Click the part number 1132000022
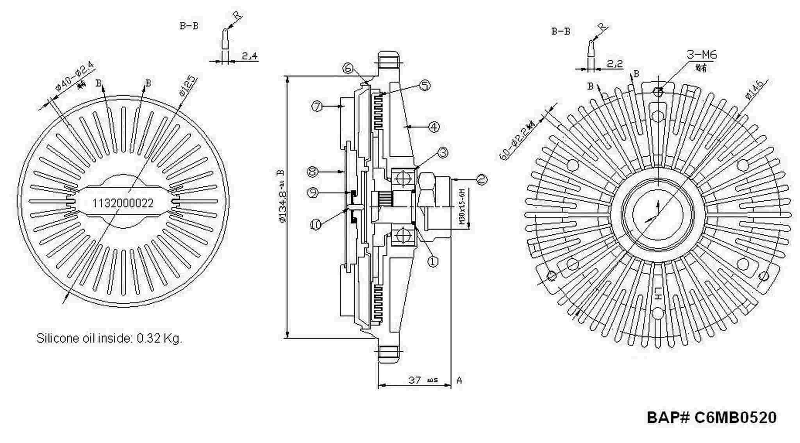123,203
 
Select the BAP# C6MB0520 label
711,418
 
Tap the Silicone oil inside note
109,338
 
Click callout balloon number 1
433,261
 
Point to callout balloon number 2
482,179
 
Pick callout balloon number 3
442,152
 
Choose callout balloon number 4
434,127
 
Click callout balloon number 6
348,69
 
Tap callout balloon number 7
317,106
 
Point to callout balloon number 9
313,193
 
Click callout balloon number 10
315,225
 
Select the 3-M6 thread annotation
702,55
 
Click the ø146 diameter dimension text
754,90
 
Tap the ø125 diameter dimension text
188,86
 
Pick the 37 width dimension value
415,380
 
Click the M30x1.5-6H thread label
462,207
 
